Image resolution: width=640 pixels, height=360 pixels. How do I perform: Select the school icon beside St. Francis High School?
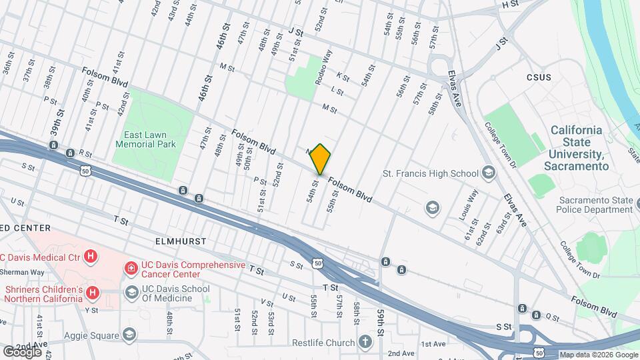pyautogui.click(x=489, y=173)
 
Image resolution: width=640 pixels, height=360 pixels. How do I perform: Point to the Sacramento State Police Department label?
pyautogui.click(x=595, y=205)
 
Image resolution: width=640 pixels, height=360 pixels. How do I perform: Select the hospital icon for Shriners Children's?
pyautogui.click(x=93, y=292)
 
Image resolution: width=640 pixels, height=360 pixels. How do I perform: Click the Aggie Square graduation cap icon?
pyautogui.click(x=129, y=335)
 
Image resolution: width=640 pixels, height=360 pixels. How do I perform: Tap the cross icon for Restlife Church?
pyautogui.click(x=364, y=343)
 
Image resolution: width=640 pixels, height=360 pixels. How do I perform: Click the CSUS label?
pyautogui.click(x=539, y=77)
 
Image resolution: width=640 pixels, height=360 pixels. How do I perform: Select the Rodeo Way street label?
pyautogui.click(x=327, y=65)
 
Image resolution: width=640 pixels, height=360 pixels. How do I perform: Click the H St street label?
pyautogui.click(x=510, y=4)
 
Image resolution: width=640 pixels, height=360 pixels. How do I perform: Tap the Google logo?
pyautogui.click(x=23, y=351)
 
